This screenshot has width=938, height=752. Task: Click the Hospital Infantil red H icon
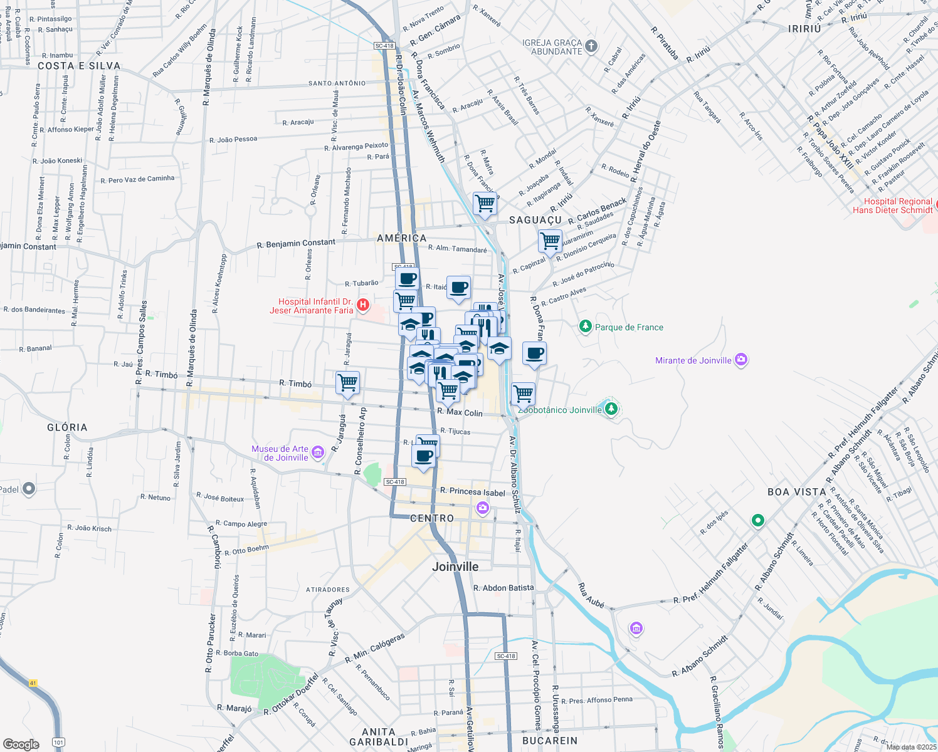[362, 306]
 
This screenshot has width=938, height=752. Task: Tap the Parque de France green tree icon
[585, 326]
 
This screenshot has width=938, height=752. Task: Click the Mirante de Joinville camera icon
[741, 360]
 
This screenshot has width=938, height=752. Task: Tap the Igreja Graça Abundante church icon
[591, 46]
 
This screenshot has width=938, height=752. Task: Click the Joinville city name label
[455, 567]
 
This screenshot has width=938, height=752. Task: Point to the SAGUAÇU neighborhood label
[535, 220]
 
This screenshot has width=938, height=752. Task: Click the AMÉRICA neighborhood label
[402, 238]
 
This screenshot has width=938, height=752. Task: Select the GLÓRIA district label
[67, 427]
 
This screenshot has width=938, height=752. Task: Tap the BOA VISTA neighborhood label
[796, 492]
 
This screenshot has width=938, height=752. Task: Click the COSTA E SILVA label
[79, 66]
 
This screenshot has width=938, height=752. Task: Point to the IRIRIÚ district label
[804, 29]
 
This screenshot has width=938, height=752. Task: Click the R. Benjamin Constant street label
[296, 243]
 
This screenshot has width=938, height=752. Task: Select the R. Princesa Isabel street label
[472, 492]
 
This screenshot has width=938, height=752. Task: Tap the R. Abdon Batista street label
[503, 588]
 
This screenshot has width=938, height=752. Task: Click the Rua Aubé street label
[591, 595]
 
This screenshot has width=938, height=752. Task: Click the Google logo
[21, 744]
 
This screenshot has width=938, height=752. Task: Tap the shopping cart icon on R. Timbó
[347, 382]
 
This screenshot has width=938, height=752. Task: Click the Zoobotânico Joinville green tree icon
[611, 409]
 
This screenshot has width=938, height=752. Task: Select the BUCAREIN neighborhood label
[549, 741]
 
